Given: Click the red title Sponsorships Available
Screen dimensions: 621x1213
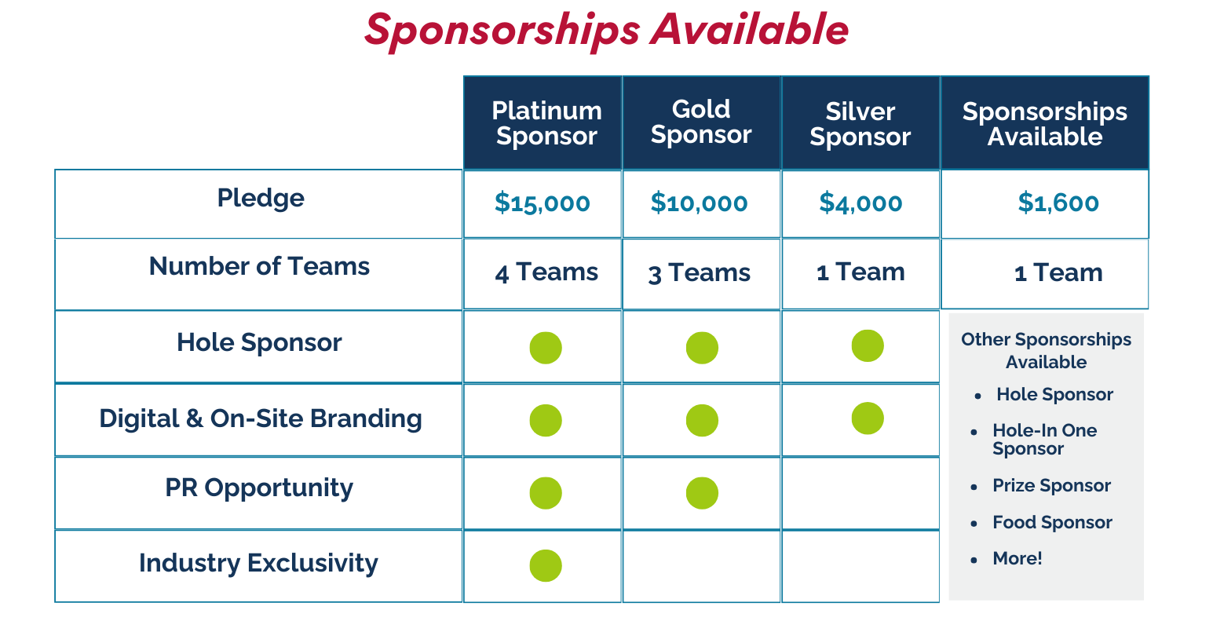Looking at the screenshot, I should pyautogui.click(x=606, y=31).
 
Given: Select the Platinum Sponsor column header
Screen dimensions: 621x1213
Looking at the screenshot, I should pyautogui.click(x=546, y=123).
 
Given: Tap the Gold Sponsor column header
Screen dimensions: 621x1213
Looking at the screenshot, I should pyautogui.click(x=701, y=122).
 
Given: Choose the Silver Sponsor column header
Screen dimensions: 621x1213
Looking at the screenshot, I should pyautogui.click(x=860, y=124).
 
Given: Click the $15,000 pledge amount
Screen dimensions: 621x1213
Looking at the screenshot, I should pyautogui.click(x=543, y=203).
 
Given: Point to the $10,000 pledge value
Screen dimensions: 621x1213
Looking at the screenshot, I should pyautogui.click(x=699, y=203).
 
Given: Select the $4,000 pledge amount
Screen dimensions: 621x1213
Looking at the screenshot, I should pyautogui.click(x=860, y=203).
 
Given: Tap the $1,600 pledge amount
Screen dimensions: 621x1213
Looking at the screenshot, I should pyautogui.click(x=1058, y=203).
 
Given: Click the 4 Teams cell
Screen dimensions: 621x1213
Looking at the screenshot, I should pyautogui.click(x=546, y=272).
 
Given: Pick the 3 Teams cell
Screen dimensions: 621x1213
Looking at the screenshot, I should pyautogui.click(x=699, y=273).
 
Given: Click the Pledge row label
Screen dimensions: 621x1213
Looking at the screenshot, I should pyautogui.click(x=261, y=198).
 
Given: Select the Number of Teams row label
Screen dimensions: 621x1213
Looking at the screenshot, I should pyautogui.click(x=259, y=267).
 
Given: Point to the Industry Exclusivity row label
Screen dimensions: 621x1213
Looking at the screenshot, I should pyautogui.click(x=258, y=563).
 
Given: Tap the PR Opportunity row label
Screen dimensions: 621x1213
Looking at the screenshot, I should pyautogui.click(x=259, y=488).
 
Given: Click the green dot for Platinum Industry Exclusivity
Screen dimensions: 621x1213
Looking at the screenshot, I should pyautogui.click(x=546, y=565).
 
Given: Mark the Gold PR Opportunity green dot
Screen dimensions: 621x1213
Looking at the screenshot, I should pyautogui.click(x=702, y=493).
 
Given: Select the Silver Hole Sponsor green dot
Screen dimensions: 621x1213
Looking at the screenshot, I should pyautogui.click(x=868, y=345).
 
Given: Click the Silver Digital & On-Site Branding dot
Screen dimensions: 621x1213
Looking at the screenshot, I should pyautogui.click(x=868, y=418).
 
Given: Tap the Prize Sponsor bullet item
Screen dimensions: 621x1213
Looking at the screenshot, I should pyautogui.click(x=1051, y=485).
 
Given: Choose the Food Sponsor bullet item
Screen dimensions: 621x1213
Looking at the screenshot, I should pyautogui.click(x=1052, y=522).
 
